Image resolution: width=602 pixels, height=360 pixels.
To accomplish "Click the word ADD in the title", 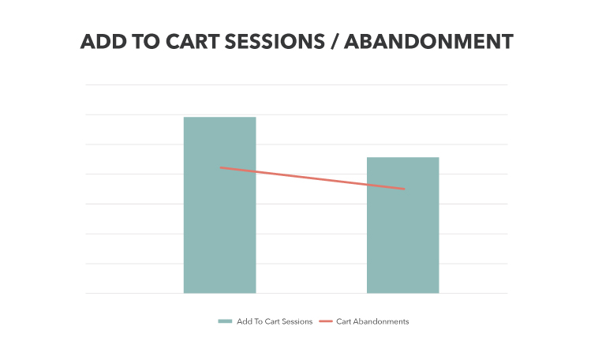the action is (103, 42).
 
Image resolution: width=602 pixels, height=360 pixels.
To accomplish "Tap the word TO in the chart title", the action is (146, 42).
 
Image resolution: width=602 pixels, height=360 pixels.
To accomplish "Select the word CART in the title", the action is (193, 42).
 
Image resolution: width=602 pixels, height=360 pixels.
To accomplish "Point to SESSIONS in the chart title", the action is (275, 42).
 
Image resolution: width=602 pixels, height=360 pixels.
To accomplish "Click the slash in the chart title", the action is (335, 42).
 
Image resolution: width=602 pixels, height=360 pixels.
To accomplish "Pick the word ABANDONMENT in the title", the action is (429, 42).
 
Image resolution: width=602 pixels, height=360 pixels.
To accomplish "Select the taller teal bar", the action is (219, 205).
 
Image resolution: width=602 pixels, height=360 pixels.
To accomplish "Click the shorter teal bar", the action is (402, 225).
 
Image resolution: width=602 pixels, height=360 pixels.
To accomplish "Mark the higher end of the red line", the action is (220, 167).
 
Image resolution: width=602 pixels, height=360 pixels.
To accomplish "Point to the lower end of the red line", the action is (404, 189).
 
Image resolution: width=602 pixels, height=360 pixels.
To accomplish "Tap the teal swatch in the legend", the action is (225, 321).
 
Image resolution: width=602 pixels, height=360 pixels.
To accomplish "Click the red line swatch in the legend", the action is (326, 321).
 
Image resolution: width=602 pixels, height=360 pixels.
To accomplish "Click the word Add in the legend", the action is (244, 321).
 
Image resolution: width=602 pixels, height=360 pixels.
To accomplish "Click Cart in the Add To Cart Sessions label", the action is (271, 321).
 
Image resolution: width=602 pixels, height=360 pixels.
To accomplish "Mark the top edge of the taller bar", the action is (219, 117).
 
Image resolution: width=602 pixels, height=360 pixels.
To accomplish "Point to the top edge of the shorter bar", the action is (402, 157).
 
